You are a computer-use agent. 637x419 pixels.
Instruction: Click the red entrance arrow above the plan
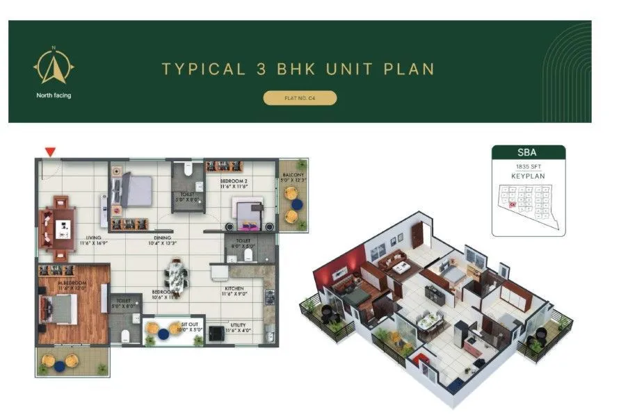point(49,151)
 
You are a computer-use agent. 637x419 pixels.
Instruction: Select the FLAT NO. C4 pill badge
point(300,98)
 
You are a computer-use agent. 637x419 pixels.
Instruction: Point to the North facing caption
point(54,95)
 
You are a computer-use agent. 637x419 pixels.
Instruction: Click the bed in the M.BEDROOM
point(59,308)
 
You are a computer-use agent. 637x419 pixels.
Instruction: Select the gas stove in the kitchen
point(269,299)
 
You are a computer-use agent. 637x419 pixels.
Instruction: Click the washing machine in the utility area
point(217,333)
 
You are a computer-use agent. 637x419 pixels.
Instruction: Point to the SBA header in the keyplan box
point(528,152)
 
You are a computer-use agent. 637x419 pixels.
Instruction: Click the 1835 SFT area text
point(528,167)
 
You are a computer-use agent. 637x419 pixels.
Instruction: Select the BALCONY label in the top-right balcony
point(290,175)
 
